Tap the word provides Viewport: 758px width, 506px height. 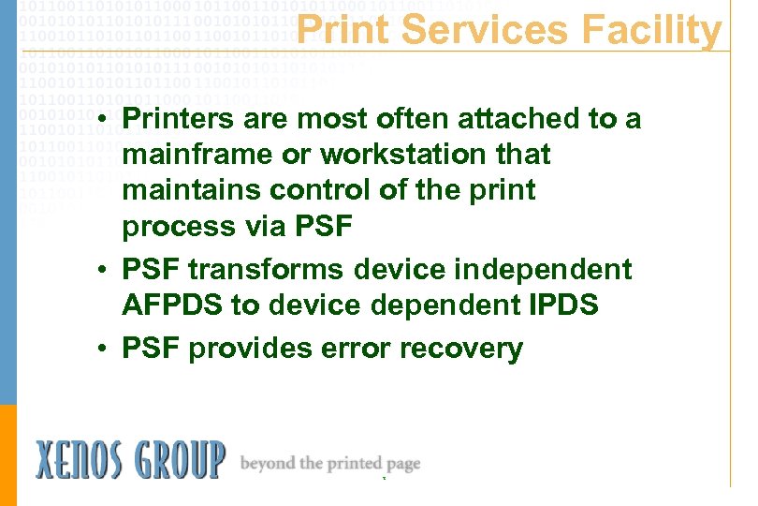coord(250,350)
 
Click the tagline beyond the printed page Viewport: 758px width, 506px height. coord(330,463)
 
